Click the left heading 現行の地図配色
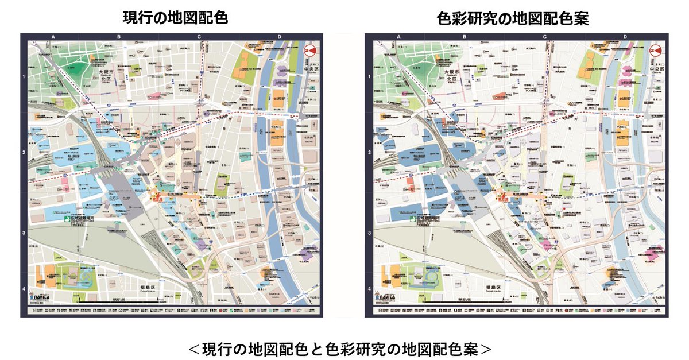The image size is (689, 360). (x=175, y=18)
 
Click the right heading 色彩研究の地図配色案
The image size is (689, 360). (x=513, y=18)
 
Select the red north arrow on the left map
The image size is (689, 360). (x=311, y=51)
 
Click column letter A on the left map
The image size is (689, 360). (x=53, y=37)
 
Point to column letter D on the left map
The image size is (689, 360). (x=280, y=37)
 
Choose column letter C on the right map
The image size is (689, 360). (x=544, y=37)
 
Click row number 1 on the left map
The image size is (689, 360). (x=24, y=76)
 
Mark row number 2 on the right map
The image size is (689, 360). (x=369, y=153)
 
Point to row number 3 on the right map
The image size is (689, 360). (x=369, y=233)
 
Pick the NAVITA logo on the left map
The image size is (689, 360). (x=42, y=299)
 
